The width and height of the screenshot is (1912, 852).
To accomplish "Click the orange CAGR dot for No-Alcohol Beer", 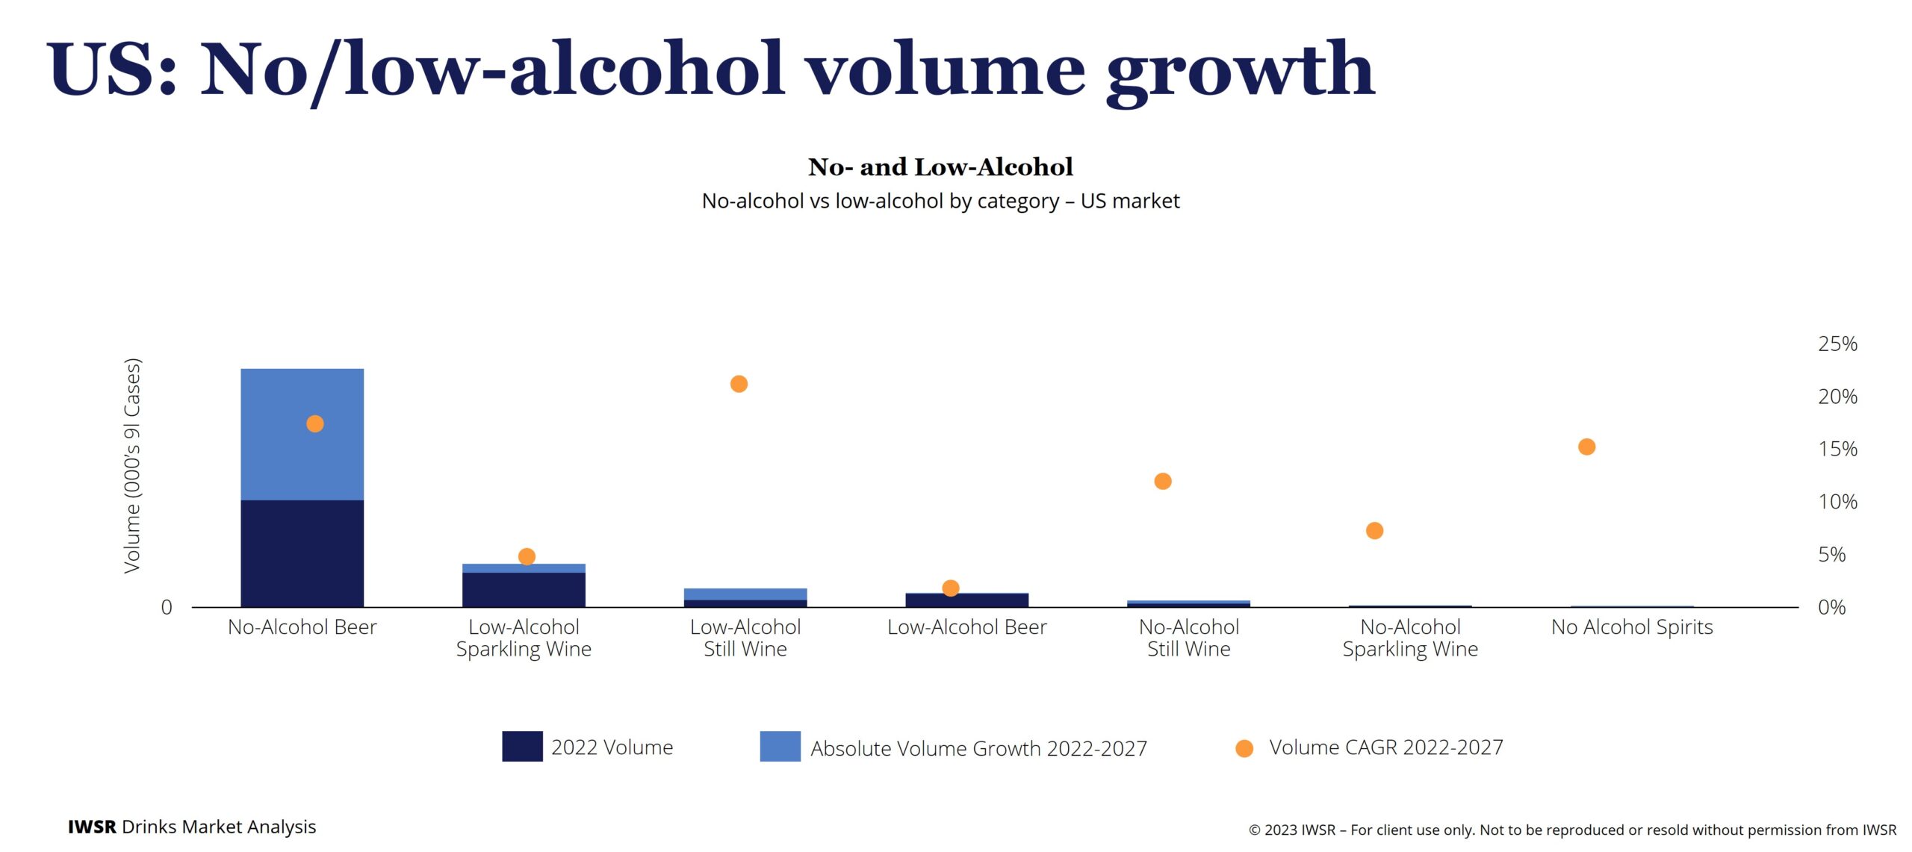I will (315, 424).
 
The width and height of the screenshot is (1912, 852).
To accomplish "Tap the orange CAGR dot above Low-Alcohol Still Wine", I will (739, 384).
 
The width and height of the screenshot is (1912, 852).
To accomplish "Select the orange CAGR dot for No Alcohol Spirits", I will (1586, 447).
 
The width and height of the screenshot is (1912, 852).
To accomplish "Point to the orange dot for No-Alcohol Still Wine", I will (1162, 482).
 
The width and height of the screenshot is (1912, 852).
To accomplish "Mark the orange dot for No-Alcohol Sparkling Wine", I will (1374, 531).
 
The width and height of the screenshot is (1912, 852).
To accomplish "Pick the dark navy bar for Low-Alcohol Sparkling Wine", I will (524, 589).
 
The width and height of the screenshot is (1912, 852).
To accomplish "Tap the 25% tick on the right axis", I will (1837, 344).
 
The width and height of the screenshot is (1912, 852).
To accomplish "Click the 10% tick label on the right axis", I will (1837, 502).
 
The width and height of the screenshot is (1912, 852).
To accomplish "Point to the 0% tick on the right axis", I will (1831, 607).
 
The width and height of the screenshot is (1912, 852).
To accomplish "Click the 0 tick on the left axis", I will (167, 607).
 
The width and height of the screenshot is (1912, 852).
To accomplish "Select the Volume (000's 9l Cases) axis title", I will (132, 466).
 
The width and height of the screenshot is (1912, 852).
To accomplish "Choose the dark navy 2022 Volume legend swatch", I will (522, 746).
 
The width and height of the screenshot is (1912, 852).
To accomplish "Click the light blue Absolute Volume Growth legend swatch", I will (780, 746).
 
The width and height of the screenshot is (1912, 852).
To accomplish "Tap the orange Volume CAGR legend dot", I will (1244, 748).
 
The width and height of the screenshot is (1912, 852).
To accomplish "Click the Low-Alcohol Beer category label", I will (966, 627).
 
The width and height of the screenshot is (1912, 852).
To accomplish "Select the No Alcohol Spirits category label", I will (1631, 627).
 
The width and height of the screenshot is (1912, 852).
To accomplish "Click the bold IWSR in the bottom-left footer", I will (92, 827).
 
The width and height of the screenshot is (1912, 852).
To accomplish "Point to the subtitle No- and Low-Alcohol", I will (940, 167).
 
